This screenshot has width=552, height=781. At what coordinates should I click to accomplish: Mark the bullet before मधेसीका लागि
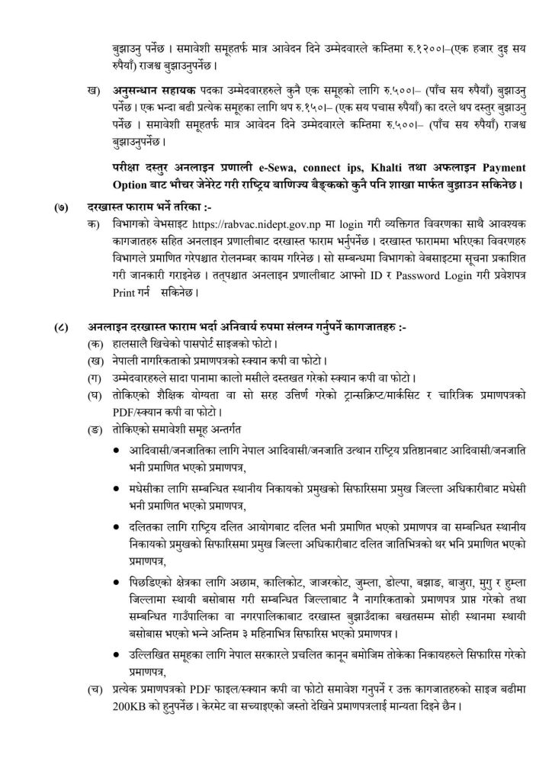click(x=114, y=487)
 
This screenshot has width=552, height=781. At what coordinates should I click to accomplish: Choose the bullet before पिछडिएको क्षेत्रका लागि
click(x=114, y=583)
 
